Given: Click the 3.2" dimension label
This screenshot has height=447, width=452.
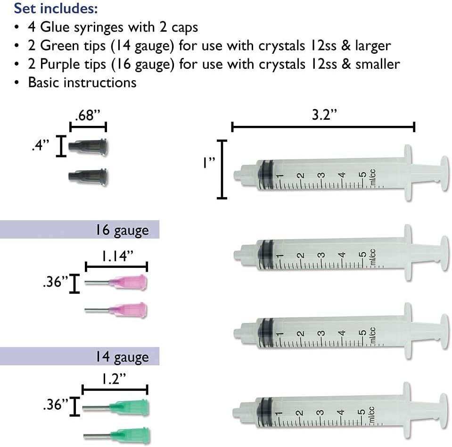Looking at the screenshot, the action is pyautogui.click(x=322, y=116).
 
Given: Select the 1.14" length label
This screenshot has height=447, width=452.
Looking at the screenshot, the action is pyautogui.click(x=116, y=256).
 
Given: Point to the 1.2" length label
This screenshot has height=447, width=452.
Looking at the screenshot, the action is pyautogui.click(x=115, y=379).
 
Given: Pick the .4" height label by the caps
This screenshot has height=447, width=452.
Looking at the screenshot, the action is pyautogui.click(x=41, y=147).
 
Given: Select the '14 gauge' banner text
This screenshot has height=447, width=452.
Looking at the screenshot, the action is pyautogui.click(x=121, y=356).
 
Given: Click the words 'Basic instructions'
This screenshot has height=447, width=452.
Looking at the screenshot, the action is pyautogui.click(x=82, y=82).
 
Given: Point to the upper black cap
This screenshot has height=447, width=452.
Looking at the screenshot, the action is pyautogui.click(x=89, y=147).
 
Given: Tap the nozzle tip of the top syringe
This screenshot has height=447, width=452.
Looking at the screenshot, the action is pyautogui.click(x=238, y=175).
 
